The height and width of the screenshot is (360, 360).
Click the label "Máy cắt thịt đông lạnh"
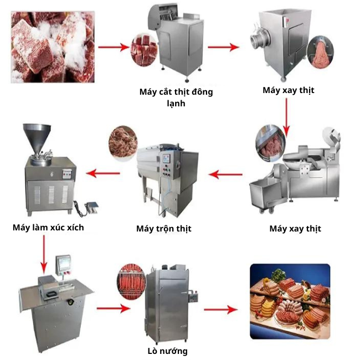tap(176, 97)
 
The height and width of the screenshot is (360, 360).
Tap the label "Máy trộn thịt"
tap(164, 229)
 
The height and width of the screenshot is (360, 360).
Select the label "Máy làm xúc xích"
tap(48, 228)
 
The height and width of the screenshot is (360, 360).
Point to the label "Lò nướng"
tap(168, 351)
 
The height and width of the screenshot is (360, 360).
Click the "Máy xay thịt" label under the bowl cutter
tap(295, 229)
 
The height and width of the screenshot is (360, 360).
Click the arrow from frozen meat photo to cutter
tap(114, 47)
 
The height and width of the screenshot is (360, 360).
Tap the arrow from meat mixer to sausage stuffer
tap(103, 173)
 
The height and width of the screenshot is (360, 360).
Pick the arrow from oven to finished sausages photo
tap(221, 310)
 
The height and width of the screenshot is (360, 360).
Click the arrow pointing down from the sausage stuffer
tap(44, 254)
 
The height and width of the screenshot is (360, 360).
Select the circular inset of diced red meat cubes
tap(144, 50)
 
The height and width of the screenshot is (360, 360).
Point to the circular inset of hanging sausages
tap(131, 281)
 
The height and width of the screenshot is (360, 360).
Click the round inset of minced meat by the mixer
tap(123, 143)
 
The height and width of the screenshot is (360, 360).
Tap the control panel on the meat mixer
tap(166, 165)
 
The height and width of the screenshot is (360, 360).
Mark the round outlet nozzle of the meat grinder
tap(256, 41)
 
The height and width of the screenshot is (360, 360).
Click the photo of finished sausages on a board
tap(290, 301)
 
